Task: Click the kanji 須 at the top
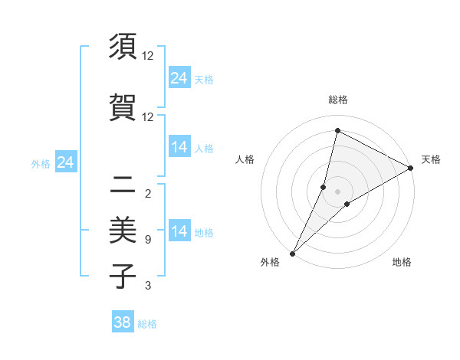(x=123, y=47)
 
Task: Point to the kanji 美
(x=123, y=228)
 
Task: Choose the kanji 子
(x=123, y=277)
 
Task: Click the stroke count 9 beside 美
(x=148, y=240)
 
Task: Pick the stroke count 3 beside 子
(x=148, y=286)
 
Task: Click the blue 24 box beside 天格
(x=179, y=78)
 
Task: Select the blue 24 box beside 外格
(x=66, y=162)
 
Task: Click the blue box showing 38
(x=123, y=322)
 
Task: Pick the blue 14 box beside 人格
(x=179, y=147)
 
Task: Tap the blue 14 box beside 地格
(x=179, y=231)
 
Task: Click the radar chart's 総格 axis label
(x=338, y=100)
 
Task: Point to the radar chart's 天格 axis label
(x=431, y=159)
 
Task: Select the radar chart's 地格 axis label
(x=402, y=263)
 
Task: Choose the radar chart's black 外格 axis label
(x=271, y=263)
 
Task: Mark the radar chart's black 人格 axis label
(x=245, y=159)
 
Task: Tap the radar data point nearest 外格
(x=293, y=253)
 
